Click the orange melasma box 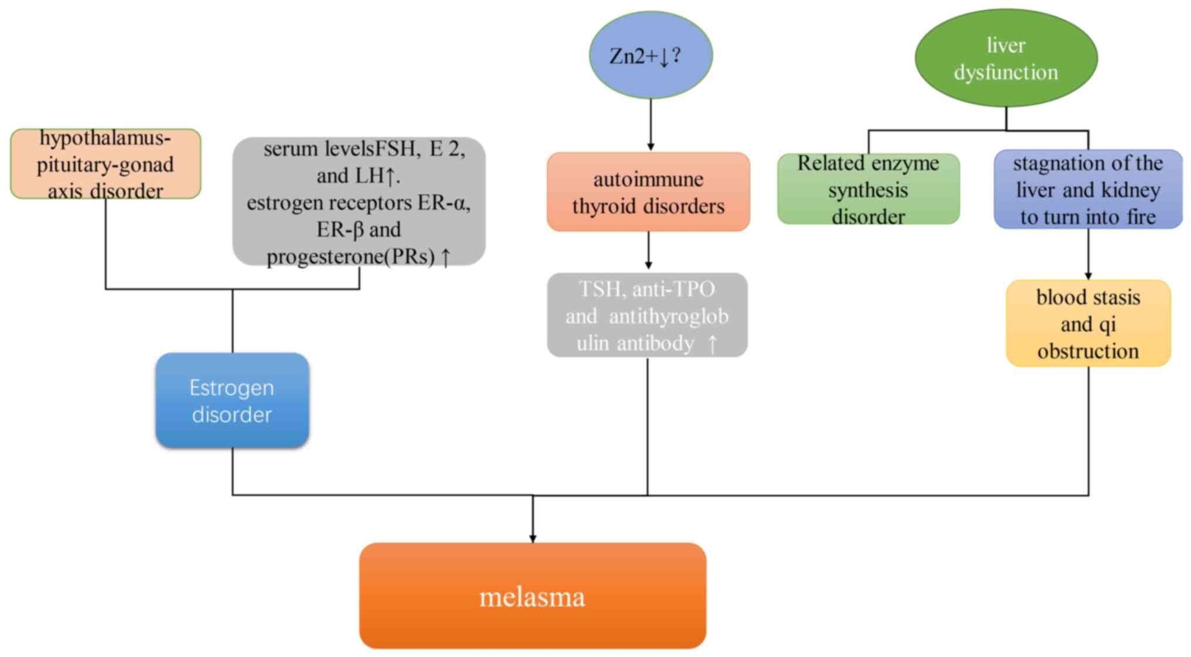coord(532,595)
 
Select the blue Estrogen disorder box coord(232,401)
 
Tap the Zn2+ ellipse coord(651,55)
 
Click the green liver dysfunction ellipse coord(1006,58)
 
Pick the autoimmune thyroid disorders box coord(648,192)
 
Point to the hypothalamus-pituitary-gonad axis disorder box coord(106,164)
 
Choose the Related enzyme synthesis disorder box coord(868,189)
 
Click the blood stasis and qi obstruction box coord(1088,324)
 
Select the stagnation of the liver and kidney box coord(1088,189)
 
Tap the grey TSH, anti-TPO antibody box coord(647,315)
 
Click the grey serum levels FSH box coord(359,201)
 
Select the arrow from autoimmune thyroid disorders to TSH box coord(648,252)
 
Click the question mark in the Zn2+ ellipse coord(676,55)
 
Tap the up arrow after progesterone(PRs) coord(445,256)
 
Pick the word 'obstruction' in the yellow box coord(1088,351)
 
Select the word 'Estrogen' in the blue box coord(232,388)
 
